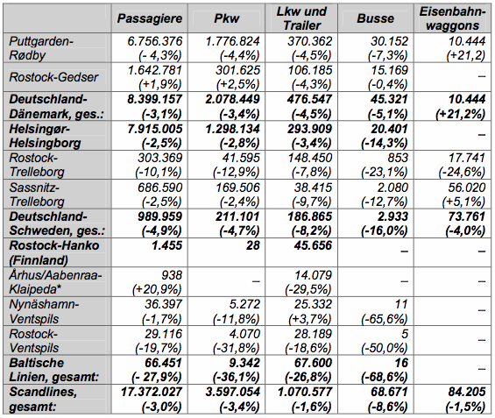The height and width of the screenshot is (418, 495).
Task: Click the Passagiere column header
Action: click(x=150, y=18)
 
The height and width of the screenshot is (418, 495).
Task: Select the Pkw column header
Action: click(x=226, y=18)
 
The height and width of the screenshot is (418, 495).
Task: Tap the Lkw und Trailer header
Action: click(x=301, y=18)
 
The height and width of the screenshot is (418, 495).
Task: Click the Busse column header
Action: click(x=375, y=18)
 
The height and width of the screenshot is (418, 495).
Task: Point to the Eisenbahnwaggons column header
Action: click(x=452, y=18)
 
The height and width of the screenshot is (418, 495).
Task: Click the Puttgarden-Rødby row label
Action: click(x=41, y=48)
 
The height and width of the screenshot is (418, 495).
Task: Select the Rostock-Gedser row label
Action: click(x=53, y=77)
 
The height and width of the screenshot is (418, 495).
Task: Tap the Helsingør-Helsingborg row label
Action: click(x=45, y=136)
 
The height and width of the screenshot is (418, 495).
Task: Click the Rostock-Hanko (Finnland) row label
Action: click(x=54, y=253)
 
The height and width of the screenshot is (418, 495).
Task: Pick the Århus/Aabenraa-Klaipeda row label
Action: click(x=55, y=282)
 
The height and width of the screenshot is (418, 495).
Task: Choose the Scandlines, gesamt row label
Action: click(x=43, y=399)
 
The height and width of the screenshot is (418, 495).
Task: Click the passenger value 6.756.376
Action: click(x=155, y=41)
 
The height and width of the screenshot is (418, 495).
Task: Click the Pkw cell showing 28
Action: click(x=253, y=245)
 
